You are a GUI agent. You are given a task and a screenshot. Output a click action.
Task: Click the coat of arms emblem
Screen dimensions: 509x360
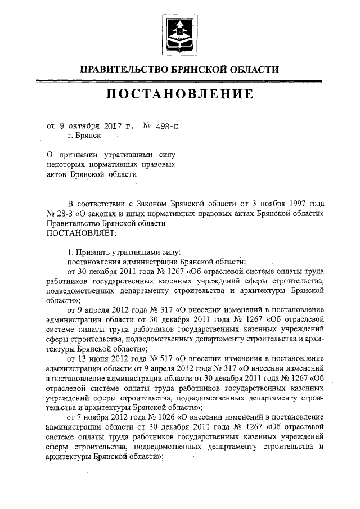click(x=181, y=31)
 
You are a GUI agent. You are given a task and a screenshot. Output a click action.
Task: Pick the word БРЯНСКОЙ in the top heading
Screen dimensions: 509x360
click(x=197, y=69)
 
